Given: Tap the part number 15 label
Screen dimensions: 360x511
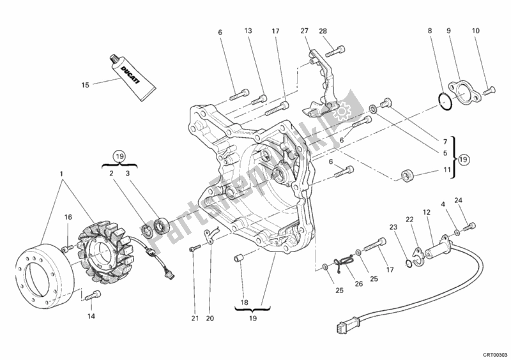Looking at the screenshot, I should tap(86, 84).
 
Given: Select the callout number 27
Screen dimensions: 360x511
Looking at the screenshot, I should tap(304, 31).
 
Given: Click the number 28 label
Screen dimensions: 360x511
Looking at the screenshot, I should tap(323, 31).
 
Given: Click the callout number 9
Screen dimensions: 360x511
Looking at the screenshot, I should tap(449, 31).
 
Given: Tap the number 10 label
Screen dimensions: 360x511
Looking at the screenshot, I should tap(475, 31).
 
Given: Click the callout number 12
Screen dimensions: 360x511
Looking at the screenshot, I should tap(424, 213).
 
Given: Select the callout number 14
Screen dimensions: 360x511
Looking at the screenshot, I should tap(91, 316).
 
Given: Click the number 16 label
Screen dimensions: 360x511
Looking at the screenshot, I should tap(68, 218).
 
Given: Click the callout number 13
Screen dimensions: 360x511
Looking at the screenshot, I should tap(248, 31).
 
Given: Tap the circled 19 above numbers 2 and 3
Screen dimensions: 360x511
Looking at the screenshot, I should tap(118, 154).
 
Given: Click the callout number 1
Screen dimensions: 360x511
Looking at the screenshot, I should tap(61, 174).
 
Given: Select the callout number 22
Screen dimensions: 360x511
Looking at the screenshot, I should tap(410, 220).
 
